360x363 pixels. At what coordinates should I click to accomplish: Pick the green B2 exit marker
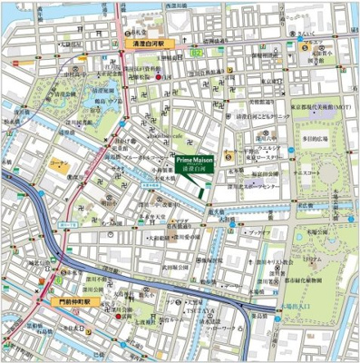tap(194, 54)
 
